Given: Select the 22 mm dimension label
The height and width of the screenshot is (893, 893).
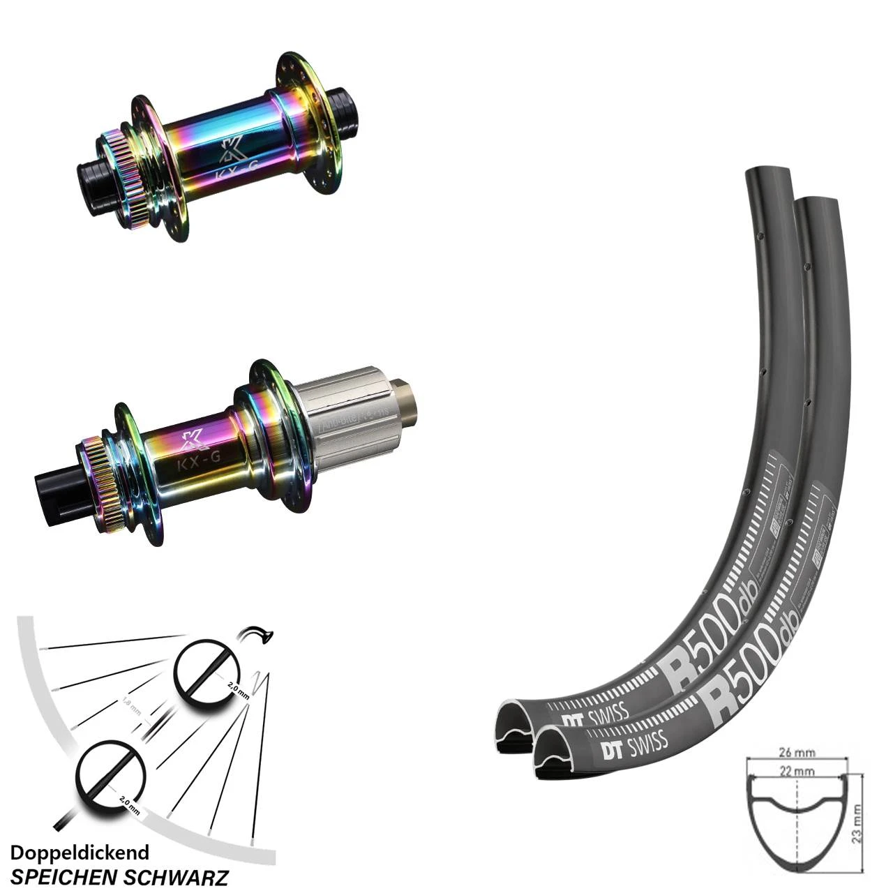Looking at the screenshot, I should click(x=797, y=772).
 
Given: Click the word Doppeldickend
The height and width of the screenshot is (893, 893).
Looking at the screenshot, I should click(x=80, y=853).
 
